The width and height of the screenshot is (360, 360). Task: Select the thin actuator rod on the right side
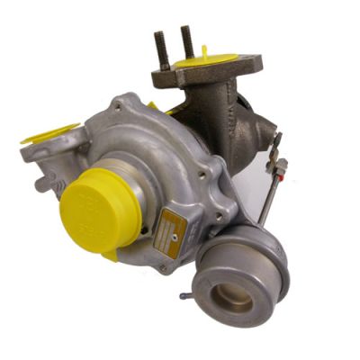(267, 184)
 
